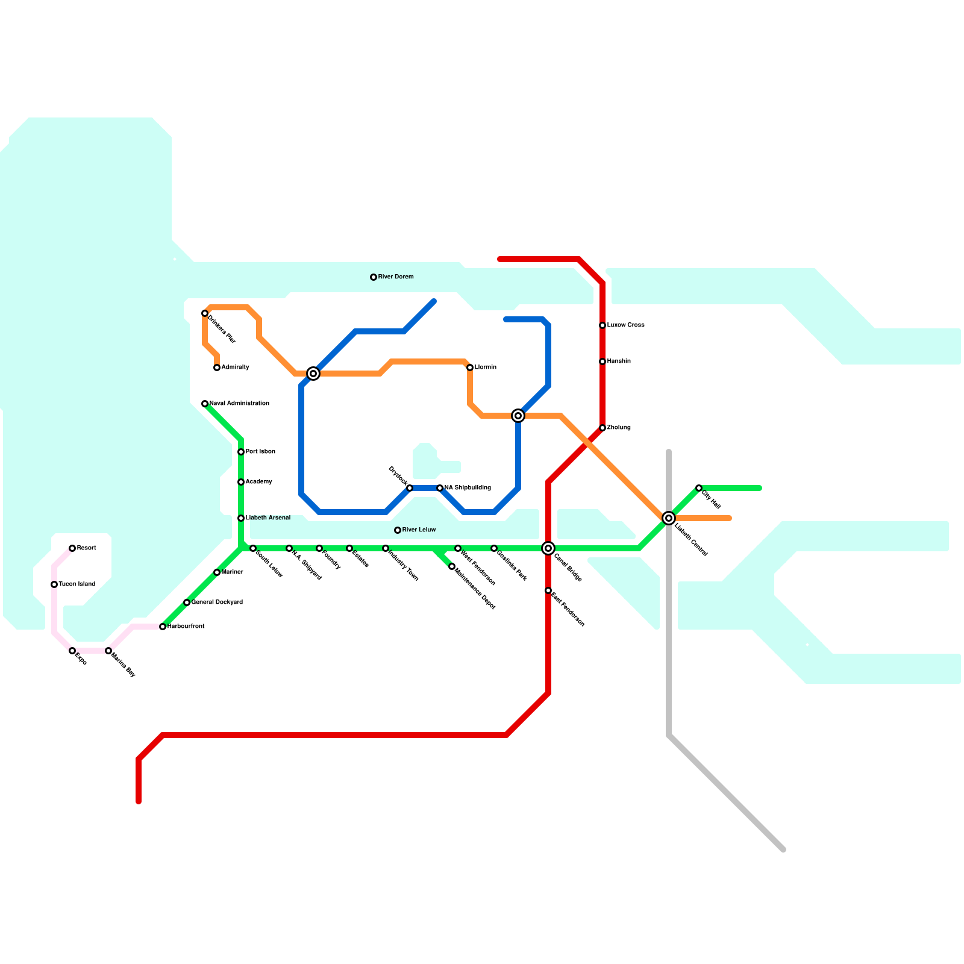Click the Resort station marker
point(72,548)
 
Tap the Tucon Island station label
point(77,584)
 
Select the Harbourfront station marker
point(163,627)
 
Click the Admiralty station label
point(235,368)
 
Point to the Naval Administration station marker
point(205,404)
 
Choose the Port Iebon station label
point(260,452)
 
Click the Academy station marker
point(241,482)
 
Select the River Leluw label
point(419,530)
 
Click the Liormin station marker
point(470,368)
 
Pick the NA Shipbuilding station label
point(468,488)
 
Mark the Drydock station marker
point(410,488)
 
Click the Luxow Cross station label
point(625,325)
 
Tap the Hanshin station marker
point(602,361)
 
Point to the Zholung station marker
point(602,428)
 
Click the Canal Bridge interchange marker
point(548,548)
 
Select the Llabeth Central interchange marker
point(669,518)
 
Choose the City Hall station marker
point(699,488)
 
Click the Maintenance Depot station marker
point(452,566)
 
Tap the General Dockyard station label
point(217,602)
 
